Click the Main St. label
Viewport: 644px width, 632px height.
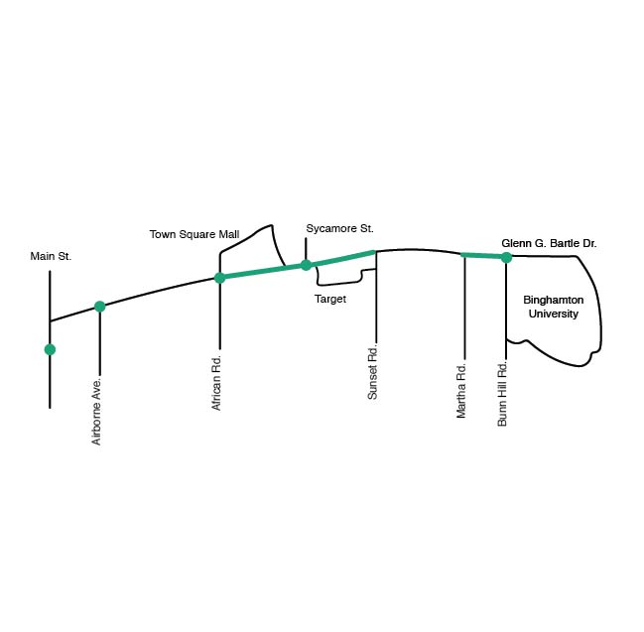51,256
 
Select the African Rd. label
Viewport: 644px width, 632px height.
217,382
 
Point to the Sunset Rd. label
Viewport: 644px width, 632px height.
373,372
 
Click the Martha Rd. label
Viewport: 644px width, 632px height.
461,390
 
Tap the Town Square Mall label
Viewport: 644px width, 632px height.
194,234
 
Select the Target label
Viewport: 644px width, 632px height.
330,299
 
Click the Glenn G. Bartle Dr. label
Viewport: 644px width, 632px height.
549,243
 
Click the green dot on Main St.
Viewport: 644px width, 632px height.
50,349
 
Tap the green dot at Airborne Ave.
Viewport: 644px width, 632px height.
99,307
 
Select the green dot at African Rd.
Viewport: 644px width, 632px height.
219,278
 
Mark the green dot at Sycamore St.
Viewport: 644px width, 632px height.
306,265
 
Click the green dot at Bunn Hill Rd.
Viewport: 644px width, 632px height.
506,257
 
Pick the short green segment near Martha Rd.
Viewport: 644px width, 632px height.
484,256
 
